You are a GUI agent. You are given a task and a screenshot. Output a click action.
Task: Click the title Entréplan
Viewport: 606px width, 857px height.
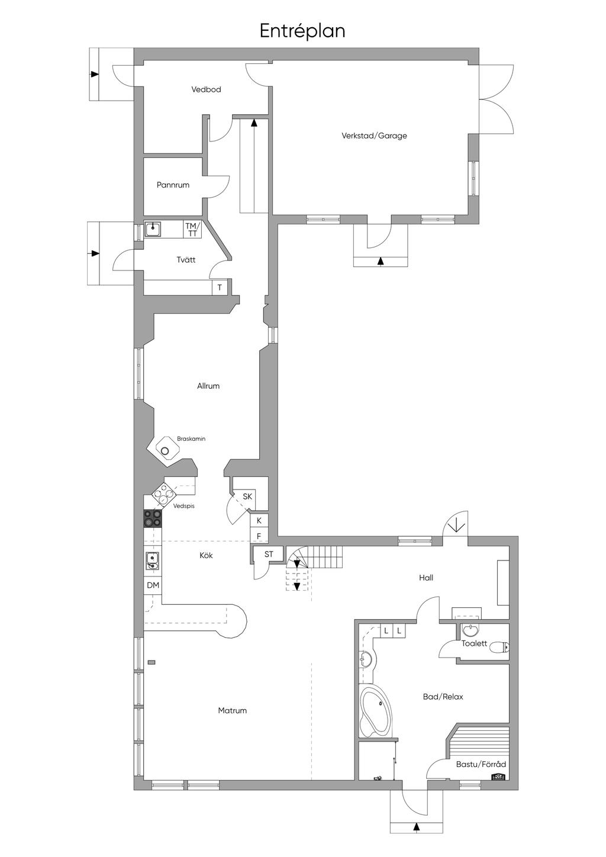(302, 31)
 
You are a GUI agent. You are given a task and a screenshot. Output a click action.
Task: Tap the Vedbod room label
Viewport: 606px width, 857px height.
(206, 89)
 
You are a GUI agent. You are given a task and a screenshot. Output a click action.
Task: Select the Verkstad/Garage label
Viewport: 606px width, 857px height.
(374, 136)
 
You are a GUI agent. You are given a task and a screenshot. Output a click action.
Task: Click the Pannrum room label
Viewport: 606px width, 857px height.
(173, 185)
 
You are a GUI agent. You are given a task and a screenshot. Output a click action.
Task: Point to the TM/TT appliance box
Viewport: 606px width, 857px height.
(192, 229)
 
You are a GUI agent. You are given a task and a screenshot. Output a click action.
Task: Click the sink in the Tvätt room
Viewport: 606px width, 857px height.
(153, 229)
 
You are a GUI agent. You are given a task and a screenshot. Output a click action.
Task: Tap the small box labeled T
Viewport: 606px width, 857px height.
(220, 288)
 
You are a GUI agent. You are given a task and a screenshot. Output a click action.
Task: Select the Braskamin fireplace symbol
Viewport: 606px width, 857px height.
(165, 450)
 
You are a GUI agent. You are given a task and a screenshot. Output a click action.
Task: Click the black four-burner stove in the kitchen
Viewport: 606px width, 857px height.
(153, 518)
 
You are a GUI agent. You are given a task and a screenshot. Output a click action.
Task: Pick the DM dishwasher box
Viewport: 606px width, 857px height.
(153, 585)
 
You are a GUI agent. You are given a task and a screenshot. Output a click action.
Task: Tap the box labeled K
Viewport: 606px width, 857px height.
(259, 520)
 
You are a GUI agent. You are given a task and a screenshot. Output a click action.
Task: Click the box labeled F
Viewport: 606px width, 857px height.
(259, 536)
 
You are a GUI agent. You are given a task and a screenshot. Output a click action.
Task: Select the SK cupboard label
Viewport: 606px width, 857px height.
(247, 497)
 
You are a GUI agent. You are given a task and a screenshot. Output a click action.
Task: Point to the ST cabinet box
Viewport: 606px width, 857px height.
(269, 554)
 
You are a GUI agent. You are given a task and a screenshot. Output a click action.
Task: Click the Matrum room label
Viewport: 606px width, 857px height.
(232, 711)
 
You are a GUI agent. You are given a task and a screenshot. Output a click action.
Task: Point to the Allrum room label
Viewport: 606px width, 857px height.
(208, 386)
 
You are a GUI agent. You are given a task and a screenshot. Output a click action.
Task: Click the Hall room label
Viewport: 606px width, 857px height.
(426, 578)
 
